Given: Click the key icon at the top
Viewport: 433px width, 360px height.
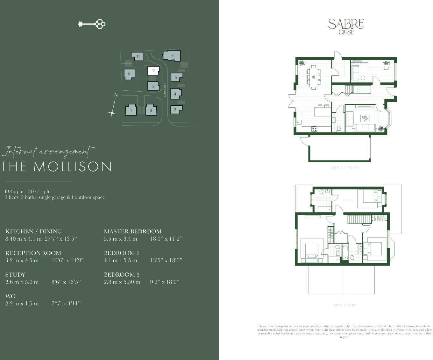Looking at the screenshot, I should (x=92, y=24).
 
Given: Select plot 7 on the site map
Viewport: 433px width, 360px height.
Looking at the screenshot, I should (x=153, y=71).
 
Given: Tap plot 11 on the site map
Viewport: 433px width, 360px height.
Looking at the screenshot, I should (x=138, y=57).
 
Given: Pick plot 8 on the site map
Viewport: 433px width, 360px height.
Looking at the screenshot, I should (x=172, y=55).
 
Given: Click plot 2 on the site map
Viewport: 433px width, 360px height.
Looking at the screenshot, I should (x=175, y=110).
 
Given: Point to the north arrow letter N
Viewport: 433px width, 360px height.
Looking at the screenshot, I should (x=116, y=95).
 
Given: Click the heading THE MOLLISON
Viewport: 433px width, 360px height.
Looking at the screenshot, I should (x=56, y=167).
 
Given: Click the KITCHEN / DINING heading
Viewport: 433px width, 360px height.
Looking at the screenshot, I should (x=33, y=231).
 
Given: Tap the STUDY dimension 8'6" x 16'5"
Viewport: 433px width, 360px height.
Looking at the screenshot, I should (x=66, y=282).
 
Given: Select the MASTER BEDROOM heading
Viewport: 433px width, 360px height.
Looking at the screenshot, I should (x=132, y=231).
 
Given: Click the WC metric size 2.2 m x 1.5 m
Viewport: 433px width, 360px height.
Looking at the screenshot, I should (x=22, y=303).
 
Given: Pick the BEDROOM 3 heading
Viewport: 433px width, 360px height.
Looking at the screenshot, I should (x=122, y=274).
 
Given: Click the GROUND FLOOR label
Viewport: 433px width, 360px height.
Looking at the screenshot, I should (x=344, y=168).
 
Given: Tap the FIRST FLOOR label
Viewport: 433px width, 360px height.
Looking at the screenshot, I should (x=344, y=305).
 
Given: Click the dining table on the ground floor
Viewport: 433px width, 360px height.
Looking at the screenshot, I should (x=314, y=77).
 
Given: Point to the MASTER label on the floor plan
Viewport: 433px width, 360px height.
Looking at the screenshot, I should (x=347, y=201).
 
